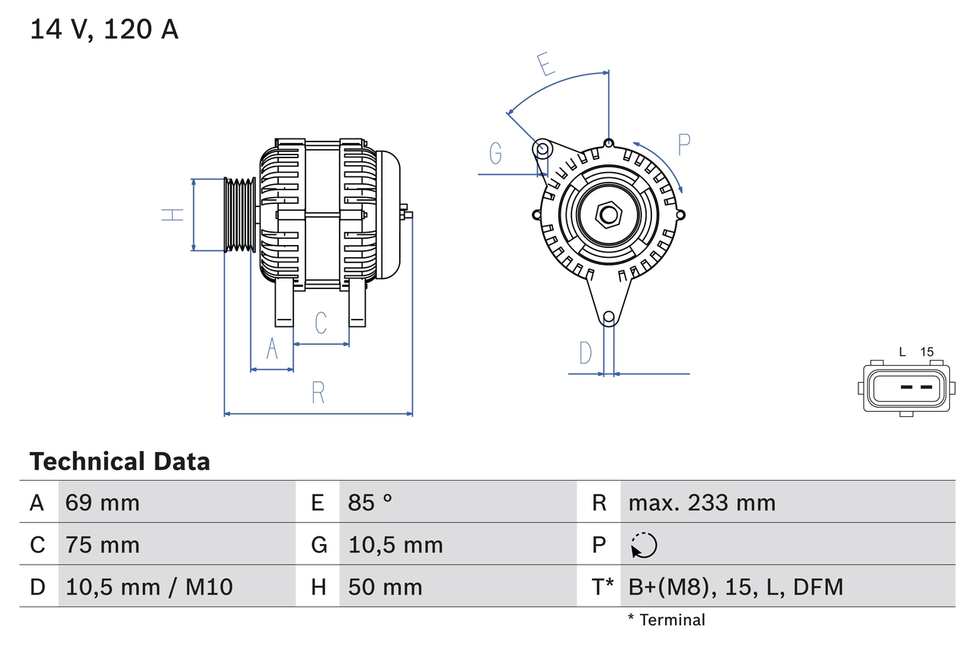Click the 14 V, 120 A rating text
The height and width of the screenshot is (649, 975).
pyautogui.click(x=104, y=30)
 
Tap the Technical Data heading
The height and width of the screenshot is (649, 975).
pyautogui.click(x=120, y=461)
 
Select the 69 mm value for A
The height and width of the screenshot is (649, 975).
pyautogui.click(x=102, y=502)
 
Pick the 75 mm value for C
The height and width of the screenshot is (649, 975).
pyautogui.click(x=102, y=545)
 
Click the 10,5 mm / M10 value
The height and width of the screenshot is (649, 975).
pyautogui.click(x=149, y=587)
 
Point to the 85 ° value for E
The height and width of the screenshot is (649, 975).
pyautogui.click(x=370, y=502)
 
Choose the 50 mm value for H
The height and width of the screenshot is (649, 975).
pyautogui.click(x=385, y=587)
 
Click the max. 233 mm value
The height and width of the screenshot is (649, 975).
pyautogui.click(x=702, y=502)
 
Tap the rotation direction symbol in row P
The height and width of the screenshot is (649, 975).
pyautogui.click(x=644, y=545)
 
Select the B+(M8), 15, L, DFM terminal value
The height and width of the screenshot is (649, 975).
pyautogui.click(x=736, y=587)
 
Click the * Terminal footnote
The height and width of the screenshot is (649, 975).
pyautogui.click(x=667, y=620)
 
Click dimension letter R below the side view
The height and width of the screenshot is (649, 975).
pyautogui.click(x=318, y=393)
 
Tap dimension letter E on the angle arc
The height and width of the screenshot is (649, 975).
pyautogui.click(x=545, y=65)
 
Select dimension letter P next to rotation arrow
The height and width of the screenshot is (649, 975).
pyautogui.click(x=683, y=145)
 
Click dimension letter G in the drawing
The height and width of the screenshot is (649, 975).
pyautogui.click(x=496, y=154)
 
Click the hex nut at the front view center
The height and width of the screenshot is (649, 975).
pyautogui.click(x=608, y=215)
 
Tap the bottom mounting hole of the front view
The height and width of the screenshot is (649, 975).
pyautogui.click(x=608, y=317)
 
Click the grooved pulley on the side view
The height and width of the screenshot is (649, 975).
pyautogui.click(x=240, y=215)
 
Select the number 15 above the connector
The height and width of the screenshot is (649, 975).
pyautogui.click(x=926, y=352)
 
